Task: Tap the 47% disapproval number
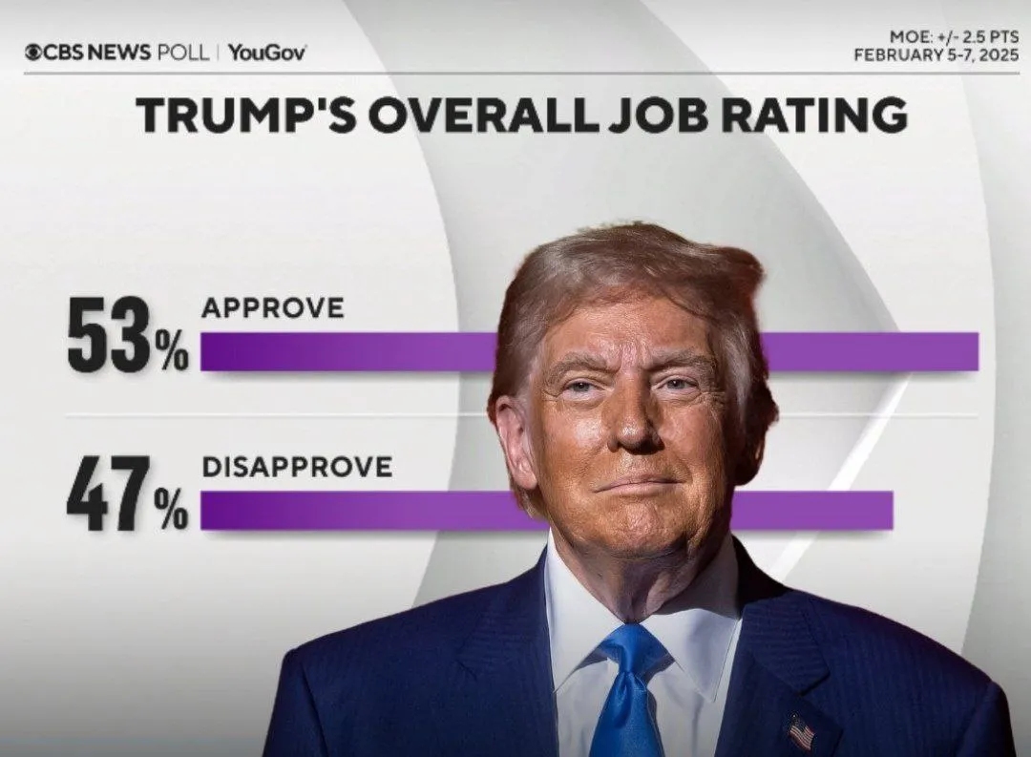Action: click(x=127, y=494)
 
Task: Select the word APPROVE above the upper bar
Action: click(x=272, y=308)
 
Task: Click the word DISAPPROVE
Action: click(x=297, y=466)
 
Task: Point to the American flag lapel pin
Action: click(x=800, y=732)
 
